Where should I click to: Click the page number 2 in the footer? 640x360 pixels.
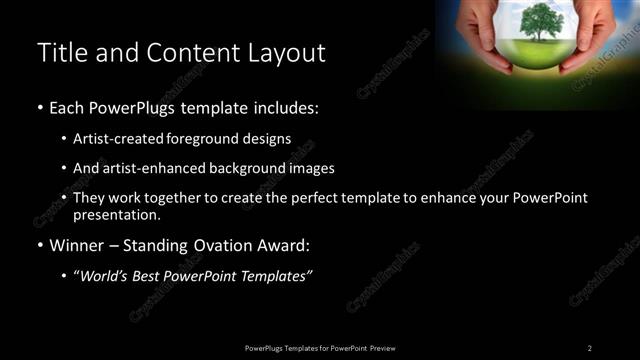(589, 347)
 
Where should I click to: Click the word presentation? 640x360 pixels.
(117, 215)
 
